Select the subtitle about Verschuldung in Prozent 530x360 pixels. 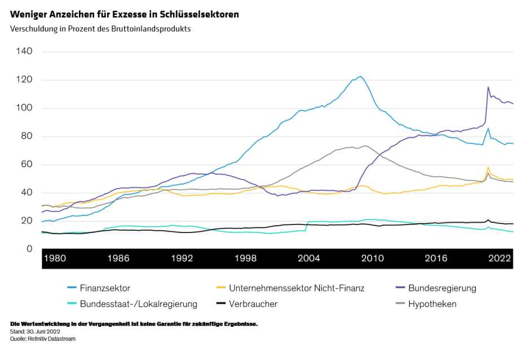(100, 29)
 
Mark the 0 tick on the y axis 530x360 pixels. (30, 249)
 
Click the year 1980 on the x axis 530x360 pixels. (55, 258)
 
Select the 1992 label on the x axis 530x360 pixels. (182, 258)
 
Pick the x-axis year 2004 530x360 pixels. (308, 258)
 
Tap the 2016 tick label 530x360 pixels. (435, 258)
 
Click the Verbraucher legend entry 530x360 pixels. (253, 304)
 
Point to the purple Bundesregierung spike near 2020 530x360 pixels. (488, 87)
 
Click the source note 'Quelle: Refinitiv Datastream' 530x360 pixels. (43, 339)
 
